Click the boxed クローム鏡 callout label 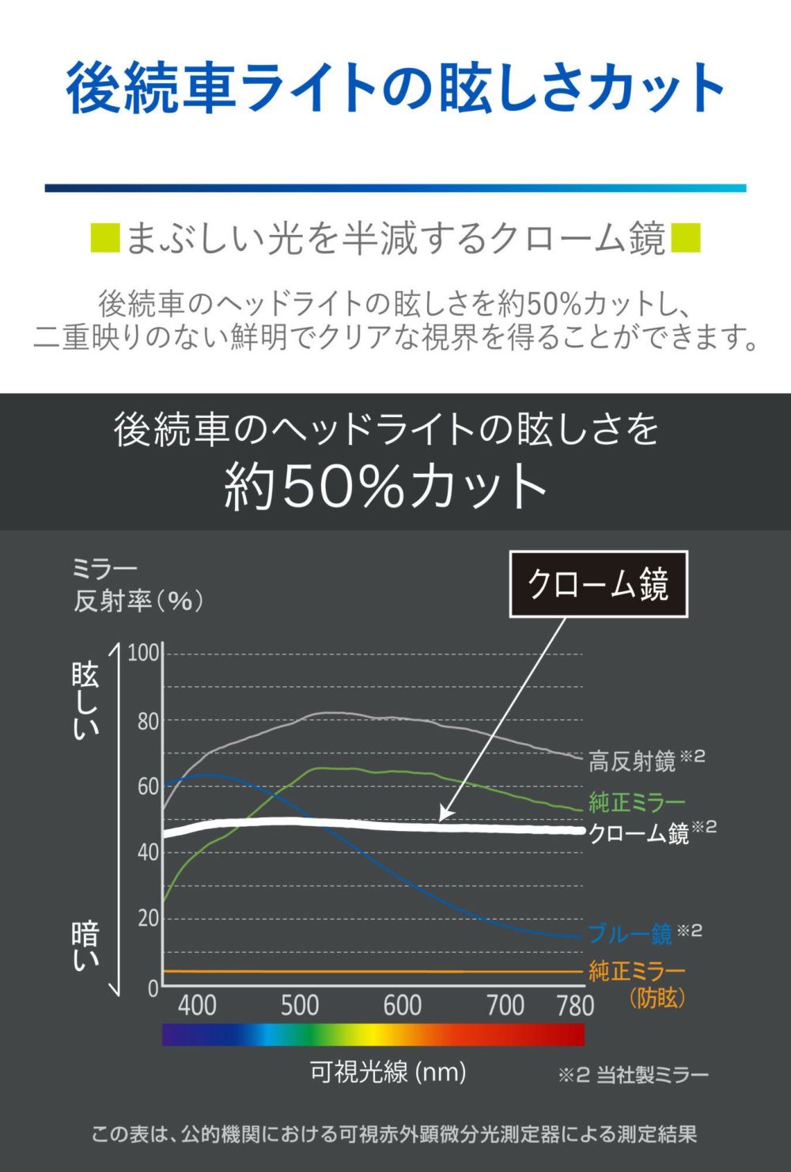point(598,584)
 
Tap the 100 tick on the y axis point(144,654)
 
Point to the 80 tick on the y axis point(148,721)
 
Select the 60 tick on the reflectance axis point(148,787)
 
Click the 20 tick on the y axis point(148,919)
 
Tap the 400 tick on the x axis point(197,1005)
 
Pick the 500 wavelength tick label point(300,1005)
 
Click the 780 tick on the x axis point(575,1005)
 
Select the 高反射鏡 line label point(632,761)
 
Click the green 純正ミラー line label point(637,802)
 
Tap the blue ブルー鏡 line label point(630,934)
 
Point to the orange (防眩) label point(657,997)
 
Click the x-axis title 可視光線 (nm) point(388,1072)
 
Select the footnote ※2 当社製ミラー point(634,1075)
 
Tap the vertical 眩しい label point(85,701)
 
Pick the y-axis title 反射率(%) point(138,601)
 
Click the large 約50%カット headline point(386,486)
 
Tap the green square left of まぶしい point(105,238)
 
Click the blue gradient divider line point(395,188)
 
